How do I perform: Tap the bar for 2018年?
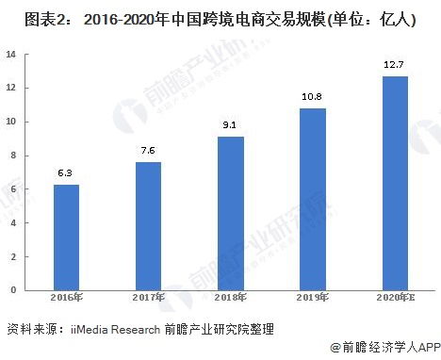click(x=230, y=212)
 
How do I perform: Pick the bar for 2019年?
click(x=312, y=198)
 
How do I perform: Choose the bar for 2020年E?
click(x=395, y=182)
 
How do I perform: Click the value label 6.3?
click(x=66, y=172)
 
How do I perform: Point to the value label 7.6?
click(x=148, y=151)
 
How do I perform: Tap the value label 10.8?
click(x=312, y=97)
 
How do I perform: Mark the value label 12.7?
click(x=395, y=65)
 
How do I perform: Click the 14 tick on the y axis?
click(x=13, y=54)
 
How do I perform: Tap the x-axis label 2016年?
click(x=66, y=298)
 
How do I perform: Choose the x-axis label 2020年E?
click(x=395, y=298)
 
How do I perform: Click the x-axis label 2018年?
click(x=230, y=298)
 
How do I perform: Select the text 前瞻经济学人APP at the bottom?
click(x=387, y=347)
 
